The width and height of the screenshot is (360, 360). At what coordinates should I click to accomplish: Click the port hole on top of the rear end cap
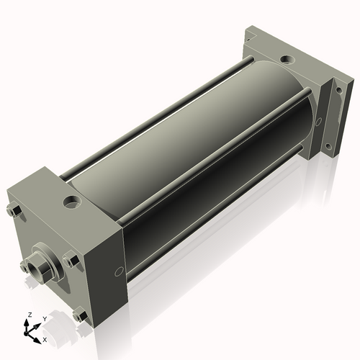[286, 59]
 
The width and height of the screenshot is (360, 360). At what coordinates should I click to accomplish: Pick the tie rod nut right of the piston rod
[71, 259]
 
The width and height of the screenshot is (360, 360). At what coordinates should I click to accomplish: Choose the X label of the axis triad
[45, 338]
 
